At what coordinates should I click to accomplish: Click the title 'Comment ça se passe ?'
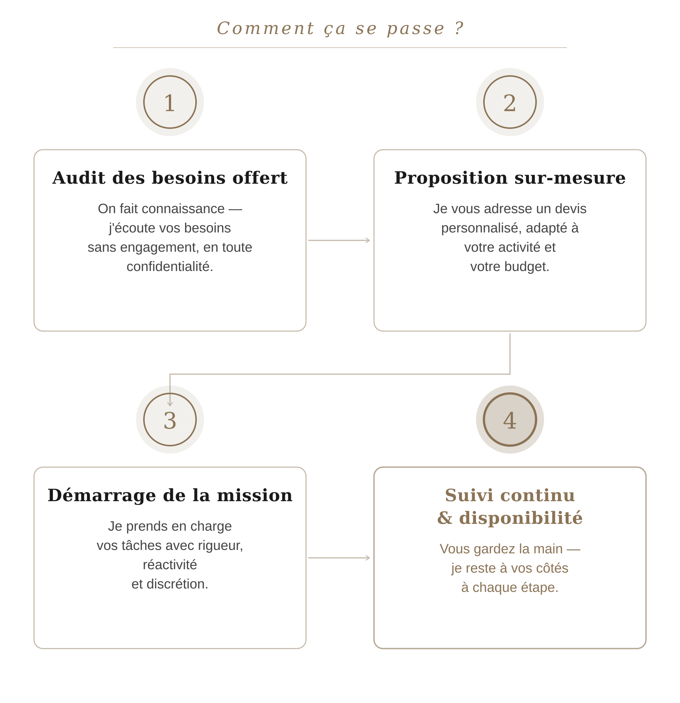(340, 29)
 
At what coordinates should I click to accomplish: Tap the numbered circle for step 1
(170, 102)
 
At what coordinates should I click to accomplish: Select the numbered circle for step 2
(510, 102)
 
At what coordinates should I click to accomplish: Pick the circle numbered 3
(170, 420)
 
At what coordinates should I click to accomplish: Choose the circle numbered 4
(510, 420)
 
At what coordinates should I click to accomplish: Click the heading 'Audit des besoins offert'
(170, 178)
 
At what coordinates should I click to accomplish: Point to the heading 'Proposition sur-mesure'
(510, 178)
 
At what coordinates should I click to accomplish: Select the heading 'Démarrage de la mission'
(170, 495)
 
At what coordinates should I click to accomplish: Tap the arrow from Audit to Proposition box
(339, 240)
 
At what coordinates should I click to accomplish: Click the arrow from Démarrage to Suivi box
(339, 557)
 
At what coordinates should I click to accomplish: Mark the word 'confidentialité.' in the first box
(170, 266)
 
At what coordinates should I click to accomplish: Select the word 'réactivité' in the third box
(170, 565)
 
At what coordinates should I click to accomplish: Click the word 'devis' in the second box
(572, 209)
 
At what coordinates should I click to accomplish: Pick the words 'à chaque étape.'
(510, 587)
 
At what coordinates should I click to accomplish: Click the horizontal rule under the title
(340, 48)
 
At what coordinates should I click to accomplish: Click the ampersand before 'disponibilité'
(445, 518)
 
